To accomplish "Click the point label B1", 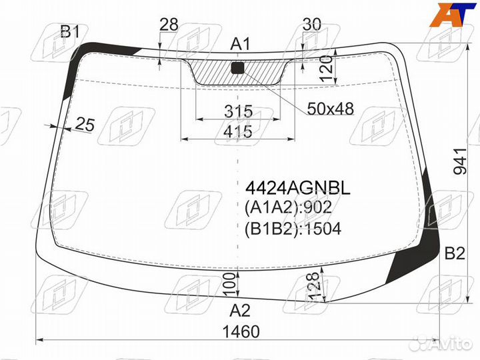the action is click(x=70, y=31).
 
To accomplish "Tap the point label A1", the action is click(x=240, y=44).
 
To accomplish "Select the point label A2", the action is click(x=240, y=311).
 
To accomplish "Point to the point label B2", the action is click(x=455, y=253).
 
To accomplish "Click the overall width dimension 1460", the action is click(x=241, y=331).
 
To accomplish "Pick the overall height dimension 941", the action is click(x=461, y=161).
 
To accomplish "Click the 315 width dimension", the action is click(x=239, y=111).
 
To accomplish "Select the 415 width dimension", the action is click(x=238, y=132).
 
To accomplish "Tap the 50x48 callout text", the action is click(x=330, y=109).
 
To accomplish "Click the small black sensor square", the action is click(x=238, y=67).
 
